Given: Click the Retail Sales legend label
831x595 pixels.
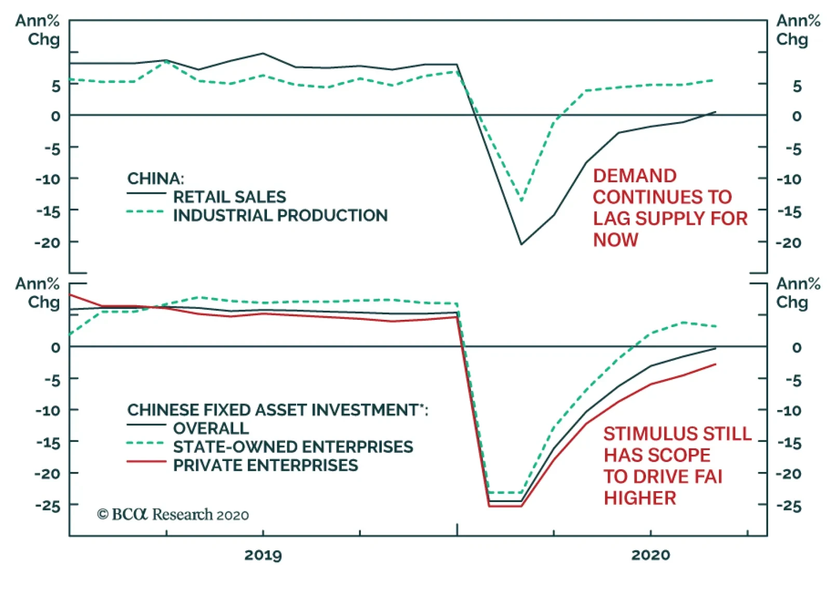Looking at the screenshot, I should click(x=229, y=197).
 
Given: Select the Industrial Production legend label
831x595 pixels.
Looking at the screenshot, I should click(x=280, y=215).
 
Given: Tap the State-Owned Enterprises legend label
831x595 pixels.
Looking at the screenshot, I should click(x=293, y=447).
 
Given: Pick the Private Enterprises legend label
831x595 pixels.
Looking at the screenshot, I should click(x=265, y=465).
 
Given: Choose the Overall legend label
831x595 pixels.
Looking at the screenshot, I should click(x=211, y=428).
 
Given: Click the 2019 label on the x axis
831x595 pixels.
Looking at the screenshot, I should click(x=263, y=555).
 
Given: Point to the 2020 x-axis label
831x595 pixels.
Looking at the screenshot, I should click(x=650, y=555).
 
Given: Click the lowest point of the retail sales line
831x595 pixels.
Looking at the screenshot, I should click(x=521, y=244).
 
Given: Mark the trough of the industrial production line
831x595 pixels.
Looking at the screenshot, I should click(x=521, y=200).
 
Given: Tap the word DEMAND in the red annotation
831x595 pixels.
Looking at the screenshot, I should click(x=635, y=176).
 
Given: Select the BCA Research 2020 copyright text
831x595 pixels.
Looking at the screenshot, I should click(x=173, y=515).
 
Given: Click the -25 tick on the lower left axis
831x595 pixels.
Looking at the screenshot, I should click(x=48, y=505).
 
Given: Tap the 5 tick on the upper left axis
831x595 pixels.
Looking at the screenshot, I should click(x=56, y=86).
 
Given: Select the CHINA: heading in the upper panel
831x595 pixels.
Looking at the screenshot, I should click(x=155, y=179).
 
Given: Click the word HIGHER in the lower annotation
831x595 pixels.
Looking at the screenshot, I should click(x=640, y=498).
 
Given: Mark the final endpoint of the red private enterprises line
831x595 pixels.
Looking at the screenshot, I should click(x=716, y=364).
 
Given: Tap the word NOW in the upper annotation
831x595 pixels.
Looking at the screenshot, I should click(x=615, y=240).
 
